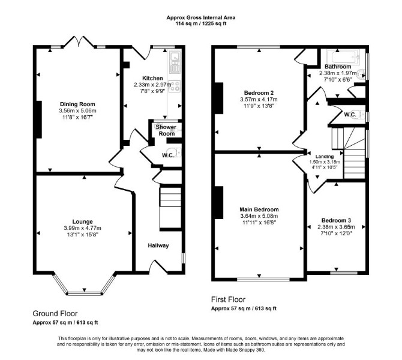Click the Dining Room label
[77, 104]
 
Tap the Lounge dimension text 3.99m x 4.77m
[83, 228]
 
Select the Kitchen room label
[152, 78]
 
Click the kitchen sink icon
[175, 62]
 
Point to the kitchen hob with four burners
[175, 86]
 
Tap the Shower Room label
[166, 130]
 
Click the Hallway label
[158, 245]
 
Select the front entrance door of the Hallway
[159, 266]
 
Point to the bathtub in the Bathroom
[343, 56]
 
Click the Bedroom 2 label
[259, 92]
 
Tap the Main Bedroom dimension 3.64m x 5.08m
[259, 216]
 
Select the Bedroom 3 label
[336, 220]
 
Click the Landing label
[325, 157]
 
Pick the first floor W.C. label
[350, 115]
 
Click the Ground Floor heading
[55, 313]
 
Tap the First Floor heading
[228, 299]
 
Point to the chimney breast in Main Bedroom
[218, 203]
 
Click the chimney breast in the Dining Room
[39, 119]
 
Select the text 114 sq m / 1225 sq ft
[201, 24]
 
